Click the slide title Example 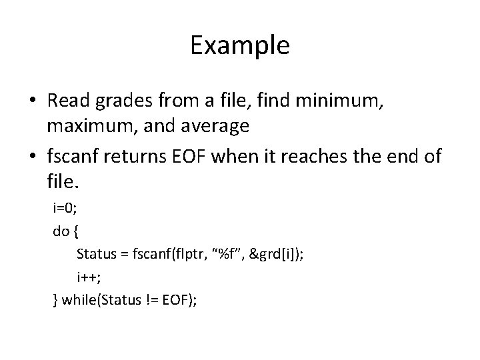point(239,45)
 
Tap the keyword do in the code point(60,231)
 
